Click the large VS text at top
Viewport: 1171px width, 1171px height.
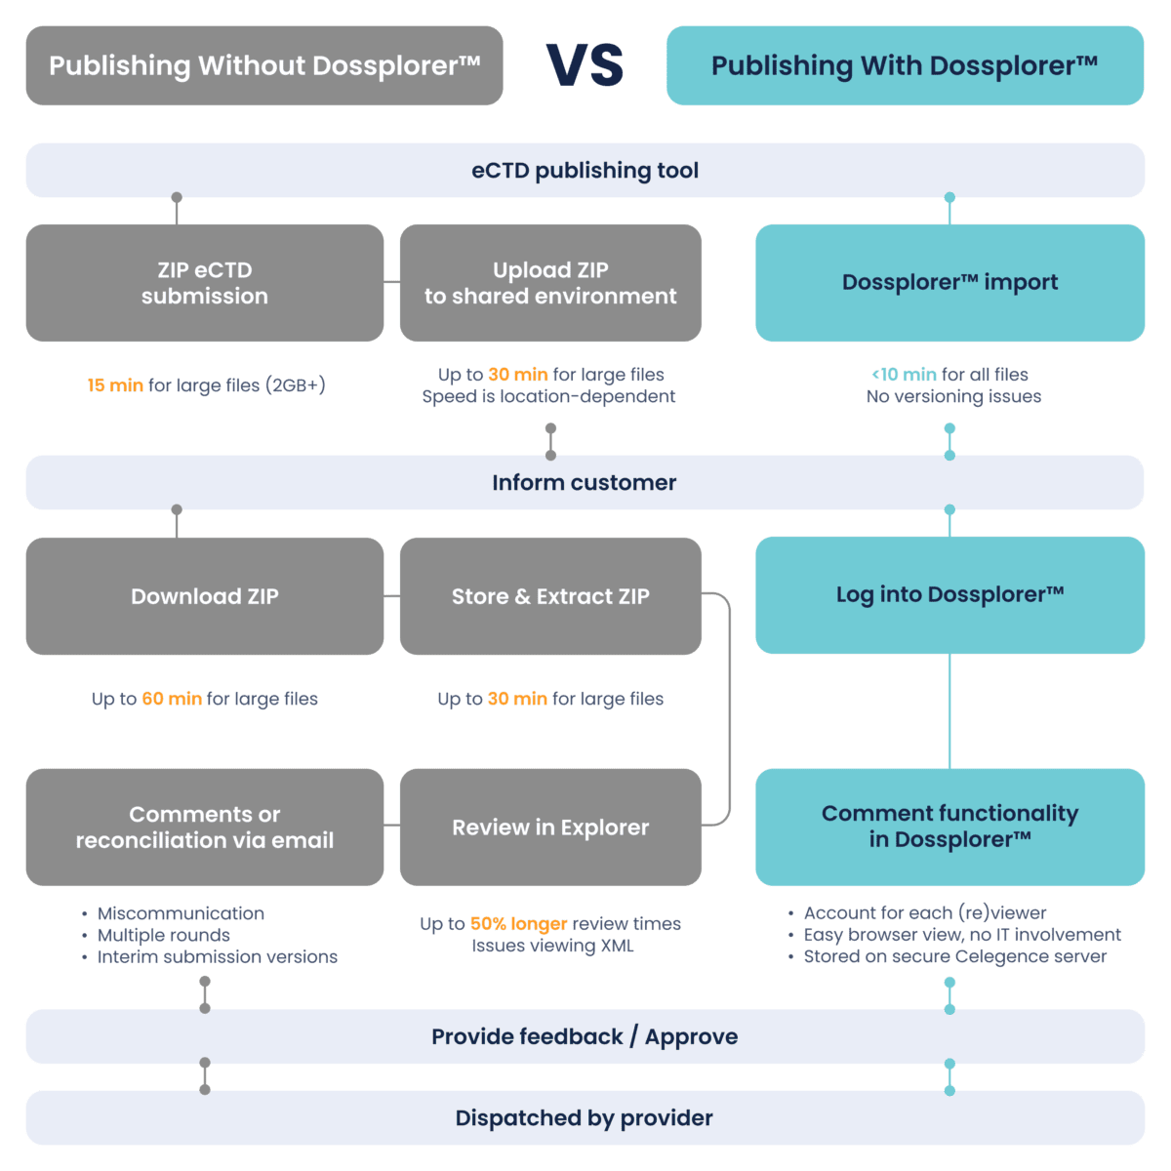[x=585, y=65]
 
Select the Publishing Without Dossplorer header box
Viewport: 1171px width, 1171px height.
[x=263, y=65]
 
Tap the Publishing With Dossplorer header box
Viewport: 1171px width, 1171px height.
[x=905, y=65]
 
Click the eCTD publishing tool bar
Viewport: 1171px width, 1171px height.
[x=585, y=171]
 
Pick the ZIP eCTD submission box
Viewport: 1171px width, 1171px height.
[x=204, y=283]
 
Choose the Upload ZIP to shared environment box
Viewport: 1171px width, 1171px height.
[x=549, y=283]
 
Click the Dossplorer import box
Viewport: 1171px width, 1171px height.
[x=949, y=283]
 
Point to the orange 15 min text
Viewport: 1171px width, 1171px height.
[x=115, y=385]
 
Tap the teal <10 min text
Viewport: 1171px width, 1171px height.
[x=904, y=375]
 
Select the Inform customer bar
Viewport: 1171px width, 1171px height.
[x=585, y=483]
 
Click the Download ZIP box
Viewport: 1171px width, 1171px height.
[x=204, y=596]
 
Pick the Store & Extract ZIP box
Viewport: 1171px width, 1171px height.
[x=549, y=596]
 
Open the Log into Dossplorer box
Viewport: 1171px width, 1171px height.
[x=949, y=594]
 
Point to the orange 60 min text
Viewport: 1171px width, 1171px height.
[x=172, y=699]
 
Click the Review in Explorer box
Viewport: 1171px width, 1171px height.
[x=549, y=828]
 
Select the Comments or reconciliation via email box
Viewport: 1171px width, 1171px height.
[x=204, y=828]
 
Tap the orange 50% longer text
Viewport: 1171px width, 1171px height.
[x=518, y=924]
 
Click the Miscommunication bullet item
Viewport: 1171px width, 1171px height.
[x=181, y=913]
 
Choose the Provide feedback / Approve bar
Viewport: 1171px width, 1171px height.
[x=585, y=1036]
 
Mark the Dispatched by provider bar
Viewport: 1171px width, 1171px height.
[x=585, y=1118]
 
